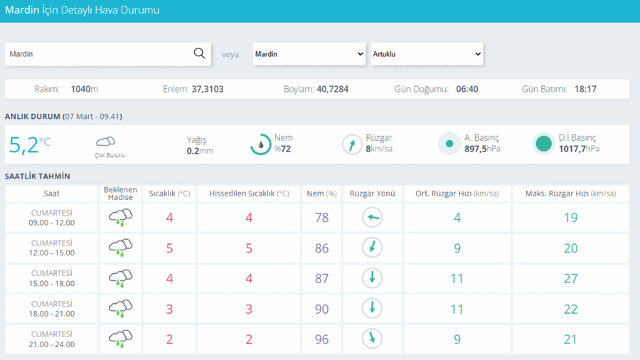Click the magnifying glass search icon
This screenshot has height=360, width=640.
point(199,53)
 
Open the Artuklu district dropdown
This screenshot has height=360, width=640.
point(427,54)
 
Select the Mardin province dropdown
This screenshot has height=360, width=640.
point(309,54)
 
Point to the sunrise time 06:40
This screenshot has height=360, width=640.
point(467,89)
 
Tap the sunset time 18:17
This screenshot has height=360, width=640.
point(585,89)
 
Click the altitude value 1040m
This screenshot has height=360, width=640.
point(84,89)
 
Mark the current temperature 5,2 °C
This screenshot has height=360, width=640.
point(29,145)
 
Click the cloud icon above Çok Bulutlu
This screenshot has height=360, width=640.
point(105,142)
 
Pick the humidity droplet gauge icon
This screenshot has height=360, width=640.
point(260,144)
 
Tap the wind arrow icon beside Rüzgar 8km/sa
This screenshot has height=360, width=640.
point(352,144)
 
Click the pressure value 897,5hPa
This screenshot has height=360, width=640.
point(482,149)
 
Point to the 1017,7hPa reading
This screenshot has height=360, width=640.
point(579,149)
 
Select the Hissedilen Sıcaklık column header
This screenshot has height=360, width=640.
point(249,194)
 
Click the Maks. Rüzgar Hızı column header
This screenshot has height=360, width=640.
point(570,194)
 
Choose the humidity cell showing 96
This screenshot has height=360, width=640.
point(321,339)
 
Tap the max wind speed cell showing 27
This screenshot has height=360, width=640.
point(570,278)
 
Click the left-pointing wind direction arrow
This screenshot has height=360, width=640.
point(372,217)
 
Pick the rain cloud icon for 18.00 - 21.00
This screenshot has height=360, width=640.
point(120,309)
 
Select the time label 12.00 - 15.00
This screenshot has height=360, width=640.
point(51,253)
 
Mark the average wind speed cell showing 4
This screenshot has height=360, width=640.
point(457,218)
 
